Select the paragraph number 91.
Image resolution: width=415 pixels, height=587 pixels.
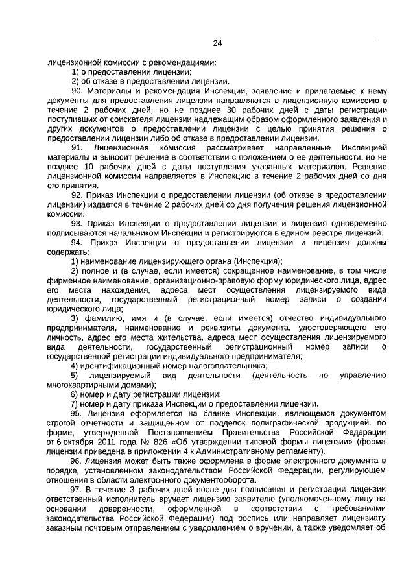click(x=77, y=148)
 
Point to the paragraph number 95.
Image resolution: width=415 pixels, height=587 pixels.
click(x=77, y=413)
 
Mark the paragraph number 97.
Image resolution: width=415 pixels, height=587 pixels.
click(x=77, y=488)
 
